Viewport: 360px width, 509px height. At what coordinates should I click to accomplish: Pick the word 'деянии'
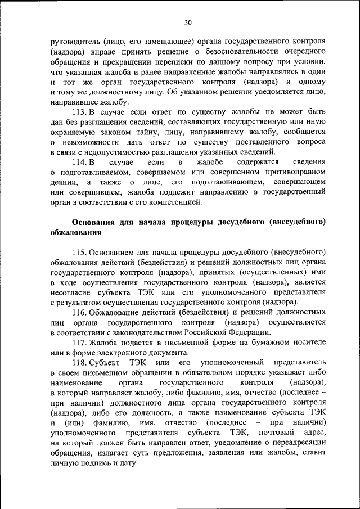pyautogui.click(x=62, y=183)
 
